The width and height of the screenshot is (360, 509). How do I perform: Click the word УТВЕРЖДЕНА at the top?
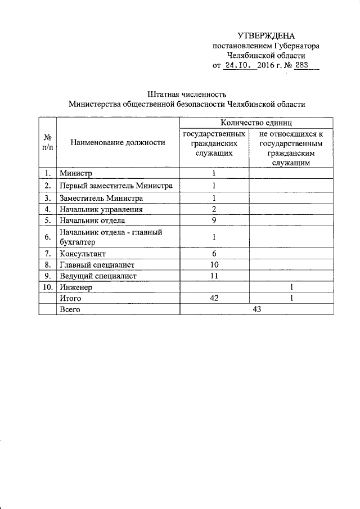pyautogui.click(x=266, y=35)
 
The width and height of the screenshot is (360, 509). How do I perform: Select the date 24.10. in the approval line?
pyautogui.click(x=240, y=66)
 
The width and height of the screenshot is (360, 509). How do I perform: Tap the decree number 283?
pyautogui.click(x=302, y=66)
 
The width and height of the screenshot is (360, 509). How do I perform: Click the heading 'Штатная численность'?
pyautogui.click(x=186, y=93)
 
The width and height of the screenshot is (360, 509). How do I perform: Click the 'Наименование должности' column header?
pyautogui.click(x=118, y=143)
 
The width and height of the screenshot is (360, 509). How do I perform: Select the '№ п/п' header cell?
pyautogui.click(x=48, y=142)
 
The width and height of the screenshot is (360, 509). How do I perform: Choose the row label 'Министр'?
pyautogui.click(x=76, y=174)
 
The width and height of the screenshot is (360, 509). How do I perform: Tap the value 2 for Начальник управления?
pyautogui.click(x=214, y=209)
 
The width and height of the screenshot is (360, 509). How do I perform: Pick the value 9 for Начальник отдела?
pyautogui.click(x=214, y=220)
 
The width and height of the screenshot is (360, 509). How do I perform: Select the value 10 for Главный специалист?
pyautogui.click(x=214, y=264)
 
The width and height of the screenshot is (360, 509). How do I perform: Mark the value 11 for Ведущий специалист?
pyautogui.click(x=214, y=276)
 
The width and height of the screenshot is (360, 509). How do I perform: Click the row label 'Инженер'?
pyautogui.click(x=76, y=287)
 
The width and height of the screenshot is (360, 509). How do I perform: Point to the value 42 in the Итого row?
pyautogui.click(x=214, y=299)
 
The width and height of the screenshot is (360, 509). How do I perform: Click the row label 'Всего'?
pyautogui.click(x=70, y=310)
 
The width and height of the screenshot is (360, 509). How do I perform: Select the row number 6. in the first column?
pyautogui.click(x=48, y=237)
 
